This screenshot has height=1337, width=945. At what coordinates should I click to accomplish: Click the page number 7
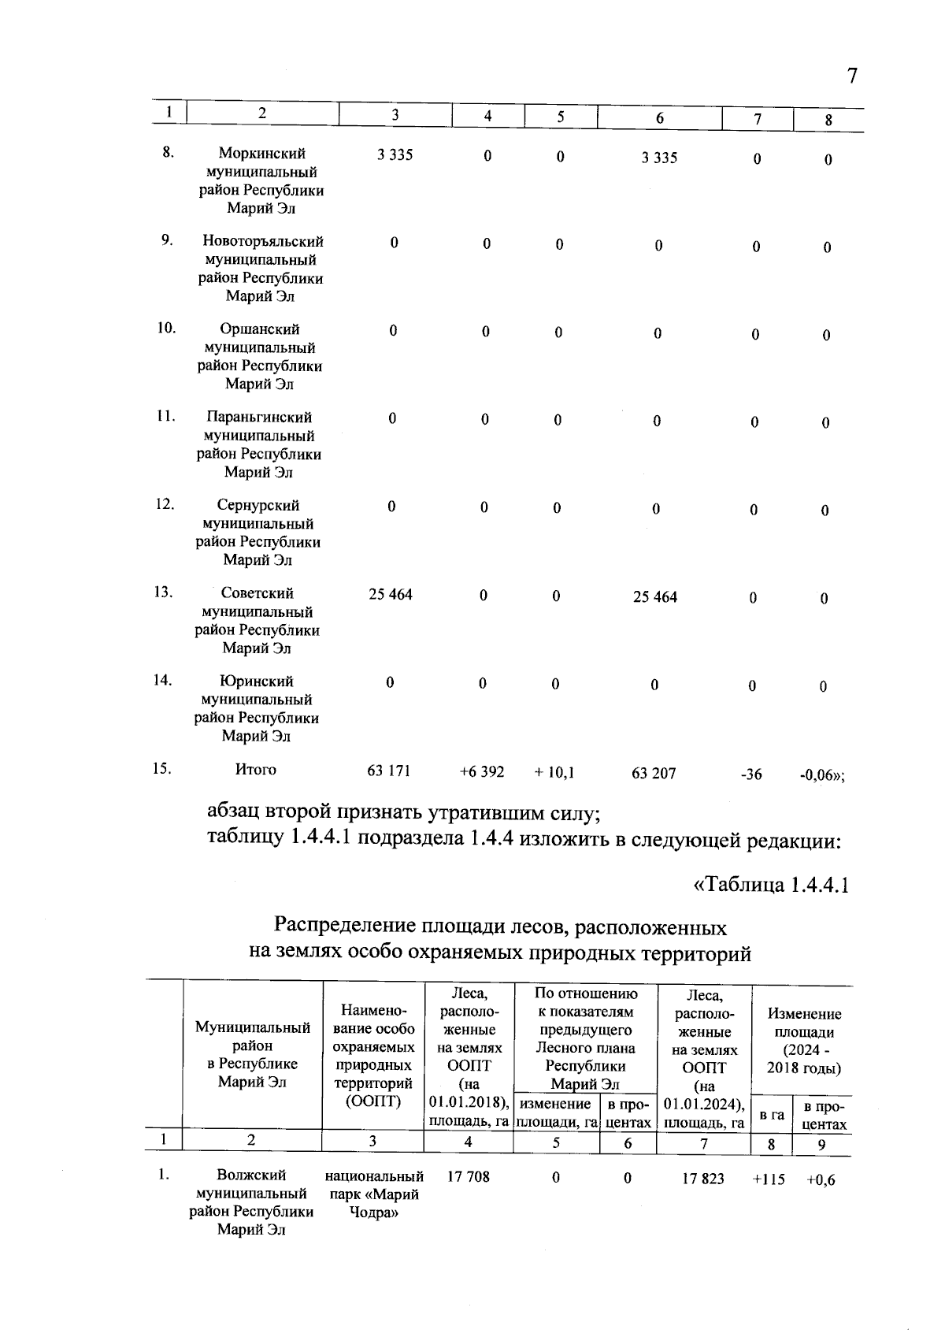tap(851, 76)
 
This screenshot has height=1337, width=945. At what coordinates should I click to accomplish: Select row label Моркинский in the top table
tap(262, 154)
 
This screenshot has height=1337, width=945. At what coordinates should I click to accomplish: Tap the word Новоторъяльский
tap(262, 242)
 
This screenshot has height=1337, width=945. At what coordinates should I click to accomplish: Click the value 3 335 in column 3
tap(395, 155)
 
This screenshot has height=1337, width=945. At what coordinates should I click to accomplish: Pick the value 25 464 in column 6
tap(655, 597)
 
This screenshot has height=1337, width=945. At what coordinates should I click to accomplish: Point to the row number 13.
tap(163, 592)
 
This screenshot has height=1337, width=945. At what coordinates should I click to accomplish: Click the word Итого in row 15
tap(256, 770)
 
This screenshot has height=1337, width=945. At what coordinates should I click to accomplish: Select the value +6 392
tap(482, 772)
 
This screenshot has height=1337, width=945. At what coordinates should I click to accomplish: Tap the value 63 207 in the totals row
tap(654, 774)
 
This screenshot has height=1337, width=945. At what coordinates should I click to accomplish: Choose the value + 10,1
tap(554, 773)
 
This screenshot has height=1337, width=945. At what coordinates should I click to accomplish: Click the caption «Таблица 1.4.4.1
tap(770, 885)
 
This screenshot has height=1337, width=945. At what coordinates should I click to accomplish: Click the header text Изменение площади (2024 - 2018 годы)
tap(804, 1041)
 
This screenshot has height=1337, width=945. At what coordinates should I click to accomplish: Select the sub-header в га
tap(772, 1115)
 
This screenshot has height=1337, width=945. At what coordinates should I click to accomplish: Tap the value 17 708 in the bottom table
tap(468, 1176)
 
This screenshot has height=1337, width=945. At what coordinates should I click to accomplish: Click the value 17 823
tap(703, 1179)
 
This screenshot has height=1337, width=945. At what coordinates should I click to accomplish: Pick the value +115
tap(769, 1179)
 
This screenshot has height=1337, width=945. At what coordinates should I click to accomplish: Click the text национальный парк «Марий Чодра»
tap(374, 1194)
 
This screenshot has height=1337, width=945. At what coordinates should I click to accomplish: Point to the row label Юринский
tap(257, 681)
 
